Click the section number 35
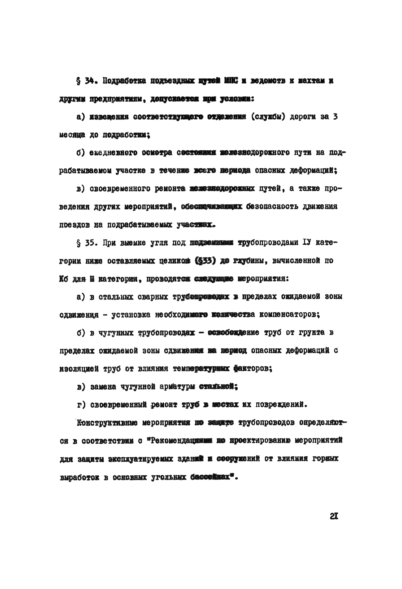pyautogui.click(x=90, y=243)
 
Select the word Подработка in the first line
pyautogui.click(x=124, y=81)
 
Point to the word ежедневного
pyautogui.click(x=114, y=153)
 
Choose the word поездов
pyautogui.click(x=74, y=225)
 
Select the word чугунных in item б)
pyautogui.click(x=116, y=333)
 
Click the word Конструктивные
pyautogui.click(x=107, y=423)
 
